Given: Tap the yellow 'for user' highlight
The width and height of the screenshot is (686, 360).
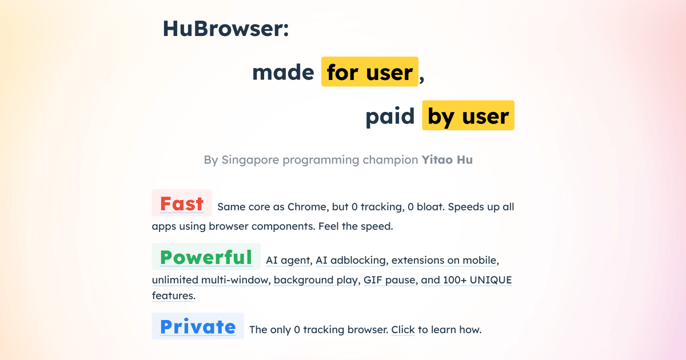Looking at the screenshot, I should [x=370, y=72].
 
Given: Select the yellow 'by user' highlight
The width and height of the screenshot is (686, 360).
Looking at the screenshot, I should [x=468, y=116].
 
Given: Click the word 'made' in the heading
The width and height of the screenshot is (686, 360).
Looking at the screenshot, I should [x=283, y=73].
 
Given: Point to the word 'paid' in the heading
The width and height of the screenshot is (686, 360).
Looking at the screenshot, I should [x=390, y=117].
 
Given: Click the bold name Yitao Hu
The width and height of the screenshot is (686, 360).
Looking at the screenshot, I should [x=447, y=160].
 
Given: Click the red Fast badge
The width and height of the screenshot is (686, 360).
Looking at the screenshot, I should [x=182, y=203].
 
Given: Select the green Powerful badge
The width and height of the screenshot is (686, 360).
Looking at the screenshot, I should [x=206, y=257].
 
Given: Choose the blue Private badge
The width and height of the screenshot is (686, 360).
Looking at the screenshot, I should [x=198, y=326].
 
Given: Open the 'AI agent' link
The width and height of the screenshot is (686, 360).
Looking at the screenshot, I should [x=288, y=261].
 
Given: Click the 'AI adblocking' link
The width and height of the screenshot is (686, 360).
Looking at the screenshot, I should [x=351, y=261].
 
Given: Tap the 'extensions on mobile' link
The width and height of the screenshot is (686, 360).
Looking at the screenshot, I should [x=444, y=261].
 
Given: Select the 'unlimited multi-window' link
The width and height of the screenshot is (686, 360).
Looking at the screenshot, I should [x=210, y=280].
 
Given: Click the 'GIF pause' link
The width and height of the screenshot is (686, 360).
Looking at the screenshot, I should [x=389, y=280].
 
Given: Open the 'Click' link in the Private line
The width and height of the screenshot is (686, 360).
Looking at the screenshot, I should [x=403, y=330].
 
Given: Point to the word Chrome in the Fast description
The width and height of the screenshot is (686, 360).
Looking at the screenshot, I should [x=306, y=207].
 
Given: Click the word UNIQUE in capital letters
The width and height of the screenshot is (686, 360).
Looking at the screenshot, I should [x=490, y=280].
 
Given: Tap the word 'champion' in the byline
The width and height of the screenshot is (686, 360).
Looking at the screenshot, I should [x=390, y=160].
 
